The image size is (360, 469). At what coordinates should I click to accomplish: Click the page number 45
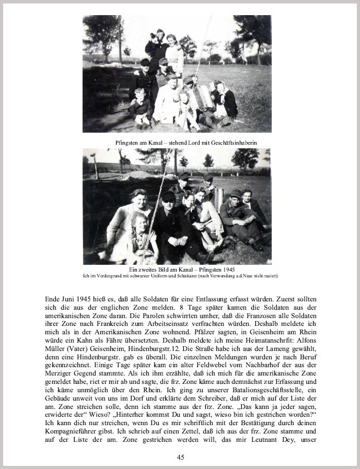[180, 458]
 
